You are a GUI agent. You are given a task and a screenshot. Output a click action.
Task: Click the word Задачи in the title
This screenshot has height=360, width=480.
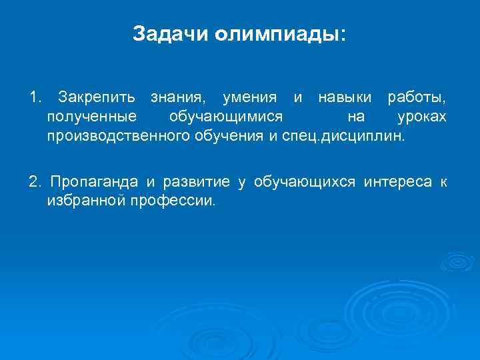(x=171, y=34)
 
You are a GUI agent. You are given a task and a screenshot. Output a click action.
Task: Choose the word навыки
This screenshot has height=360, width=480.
(x=345, y=98)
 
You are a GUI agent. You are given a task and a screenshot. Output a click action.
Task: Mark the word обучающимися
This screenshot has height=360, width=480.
(x=226, y=118)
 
